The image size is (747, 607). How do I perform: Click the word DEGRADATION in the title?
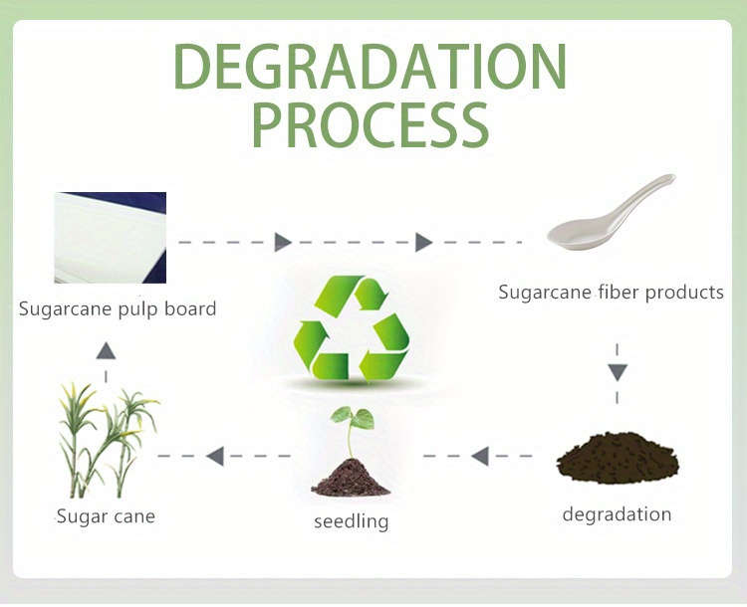[x=370, y=67]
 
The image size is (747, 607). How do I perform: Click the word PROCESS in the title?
[x=371, y=125]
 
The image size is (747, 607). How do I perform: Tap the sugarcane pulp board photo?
[x=110, y=238]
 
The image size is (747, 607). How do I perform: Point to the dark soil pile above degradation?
[x=618, y=458]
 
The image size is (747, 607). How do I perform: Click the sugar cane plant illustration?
[x=108, y=441]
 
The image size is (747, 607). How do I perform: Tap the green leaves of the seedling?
[x=353, y=418]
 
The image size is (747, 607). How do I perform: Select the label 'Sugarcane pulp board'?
[x=118, y=309]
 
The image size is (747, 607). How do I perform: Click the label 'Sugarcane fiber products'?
[x=611, y=292]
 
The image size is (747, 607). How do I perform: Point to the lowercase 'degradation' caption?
[x=617, y=514]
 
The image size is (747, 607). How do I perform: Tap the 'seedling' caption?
[x=352, y=521]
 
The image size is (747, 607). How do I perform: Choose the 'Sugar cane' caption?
[x=106, y=516]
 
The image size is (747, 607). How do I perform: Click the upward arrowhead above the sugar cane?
[x=106, y=350]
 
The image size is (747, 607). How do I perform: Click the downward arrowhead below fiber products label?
[x=618, y=372]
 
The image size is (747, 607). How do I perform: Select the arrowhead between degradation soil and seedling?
[x=480, y=456]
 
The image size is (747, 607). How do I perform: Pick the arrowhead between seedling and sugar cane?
[x=215, y=456]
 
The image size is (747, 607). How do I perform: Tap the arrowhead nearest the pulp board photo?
[x=283, y=243]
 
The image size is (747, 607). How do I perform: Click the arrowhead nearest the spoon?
[x=423, y=243]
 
